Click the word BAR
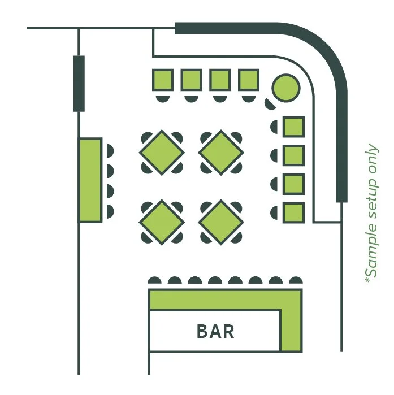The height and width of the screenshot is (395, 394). coord(215,331)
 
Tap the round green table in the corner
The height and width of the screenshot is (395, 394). coord(285,88)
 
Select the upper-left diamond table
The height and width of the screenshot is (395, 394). coord(162,153)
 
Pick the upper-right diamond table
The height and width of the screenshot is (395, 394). coord(222,153)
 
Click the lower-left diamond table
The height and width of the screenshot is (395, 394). coord(162,222)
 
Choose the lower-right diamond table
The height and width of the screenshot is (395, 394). coord(222,222)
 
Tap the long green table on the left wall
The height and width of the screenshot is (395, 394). coord(90,180)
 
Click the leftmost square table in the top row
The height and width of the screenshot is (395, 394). coord(163,80)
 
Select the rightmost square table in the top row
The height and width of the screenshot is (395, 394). coord(249,80)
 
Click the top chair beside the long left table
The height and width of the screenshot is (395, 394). coord(109,151)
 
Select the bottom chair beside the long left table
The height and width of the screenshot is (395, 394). coord(109,212)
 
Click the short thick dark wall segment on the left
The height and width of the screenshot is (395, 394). coord(79,83)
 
